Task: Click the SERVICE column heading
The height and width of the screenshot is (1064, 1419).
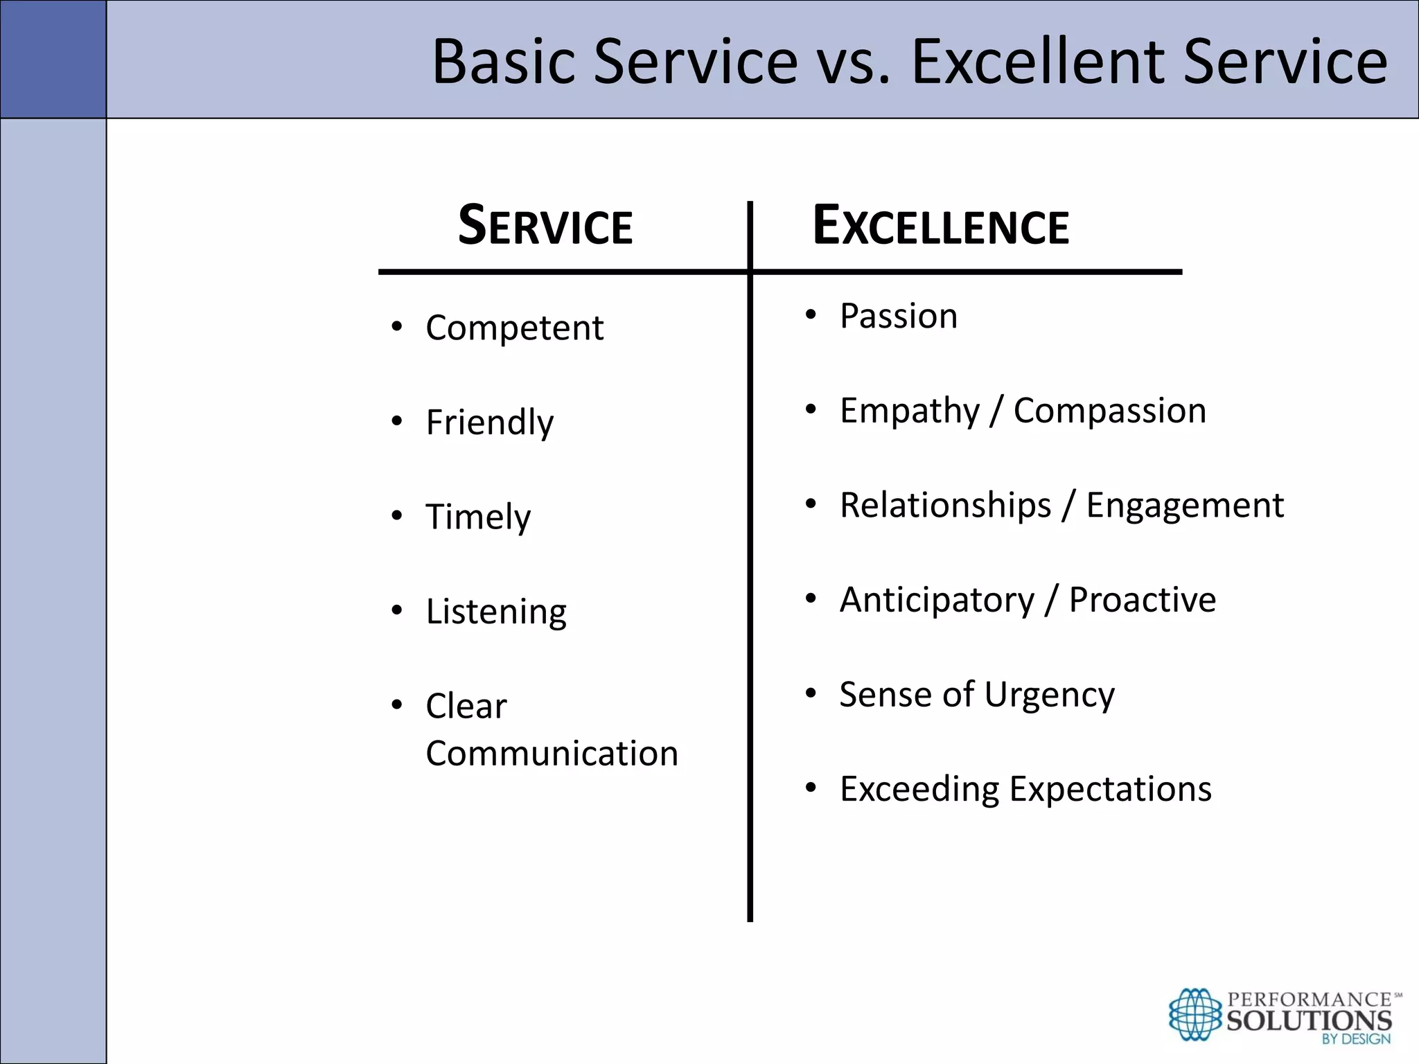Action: pos(545,227)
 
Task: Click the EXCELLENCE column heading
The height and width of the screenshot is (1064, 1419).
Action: pos(940,227)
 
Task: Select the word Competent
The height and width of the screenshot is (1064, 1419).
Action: pos(514,328)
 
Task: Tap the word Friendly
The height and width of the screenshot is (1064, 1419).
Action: pos(489,423)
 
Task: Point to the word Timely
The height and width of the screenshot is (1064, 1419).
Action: pos(478,517)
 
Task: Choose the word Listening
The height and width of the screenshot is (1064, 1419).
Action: pos(496,612)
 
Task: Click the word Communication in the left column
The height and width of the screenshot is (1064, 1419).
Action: pos(552,754)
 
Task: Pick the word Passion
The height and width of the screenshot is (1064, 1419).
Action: pos(899,317)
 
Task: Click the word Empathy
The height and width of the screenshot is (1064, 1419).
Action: pos(910,411)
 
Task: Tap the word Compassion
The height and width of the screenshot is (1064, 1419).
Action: pos(1109,411)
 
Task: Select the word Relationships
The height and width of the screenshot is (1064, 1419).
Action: pos(945,505)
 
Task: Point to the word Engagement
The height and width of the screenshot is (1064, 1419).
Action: pos(1184,505)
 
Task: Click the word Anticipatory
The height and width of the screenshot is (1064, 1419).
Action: pos(937,600)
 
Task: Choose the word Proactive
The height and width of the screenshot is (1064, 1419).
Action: pos(1142,600)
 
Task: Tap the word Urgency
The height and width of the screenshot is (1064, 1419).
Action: pos(1049,695)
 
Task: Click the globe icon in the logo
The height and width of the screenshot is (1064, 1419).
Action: pos(1195,1014)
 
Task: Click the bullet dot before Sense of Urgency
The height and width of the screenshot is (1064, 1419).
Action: pos(811,693)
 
